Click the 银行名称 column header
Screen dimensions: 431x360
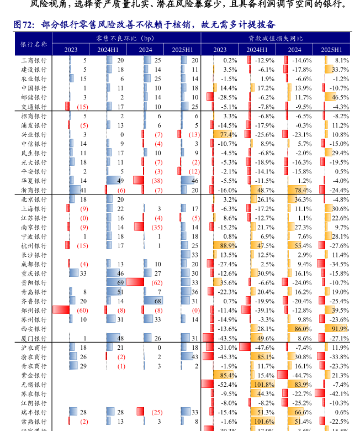coord(34,44)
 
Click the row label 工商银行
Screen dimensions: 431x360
coord(34,60)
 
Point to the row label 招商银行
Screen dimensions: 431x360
coord(34,116)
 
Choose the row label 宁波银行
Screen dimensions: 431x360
coord(34,236)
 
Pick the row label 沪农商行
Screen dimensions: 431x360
coord(34,348)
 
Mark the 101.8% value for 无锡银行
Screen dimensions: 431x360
coord(264,385)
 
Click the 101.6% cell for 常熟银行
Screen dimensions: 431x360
coord(264,422)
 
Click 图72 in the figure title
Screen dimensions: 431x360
coord(24,25)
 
